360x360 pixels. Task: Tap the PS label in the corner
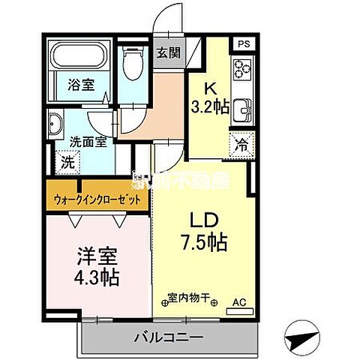coord(242,44)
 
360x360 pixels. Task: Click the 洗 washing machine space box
coord(67,161)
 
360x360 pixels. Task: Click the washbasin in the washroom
coord(57,125)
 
